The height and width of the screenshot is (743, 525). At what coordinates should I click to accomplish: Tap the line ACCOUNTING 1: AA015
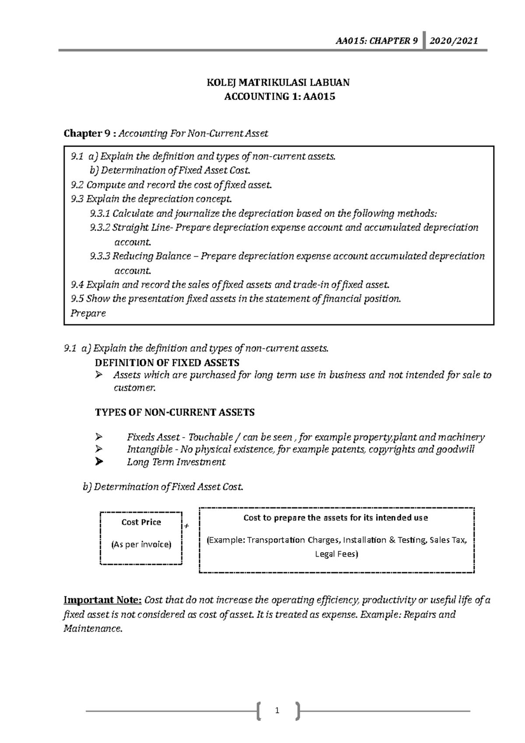pos(280,97)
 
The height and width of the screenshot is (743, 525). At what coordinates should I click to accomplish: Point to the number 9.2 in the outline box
pos(77,185)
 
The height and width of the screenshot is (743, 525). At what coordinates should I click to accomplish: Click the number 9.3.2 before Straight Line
pos(100,228)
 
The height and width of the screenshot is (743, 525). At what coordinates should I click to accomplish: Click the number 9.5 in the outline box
pos(77,299)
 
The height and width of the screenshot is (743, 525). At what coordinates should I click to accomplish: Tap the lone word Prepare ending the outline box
pos(88,313)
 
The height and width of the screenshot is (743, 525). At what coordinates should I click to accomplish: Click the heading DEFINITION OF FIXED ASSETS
pos(167,363)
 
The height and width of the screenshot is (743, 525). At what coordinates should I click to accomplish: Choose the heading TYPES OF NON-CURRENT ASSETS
pos(175,412)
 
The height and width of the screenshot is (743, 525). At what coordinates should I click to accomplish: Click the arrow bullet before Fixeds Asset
pos(98,437)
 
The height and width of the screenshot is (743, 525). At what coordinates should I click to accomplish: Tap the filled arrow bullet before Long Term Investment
pos(99,462)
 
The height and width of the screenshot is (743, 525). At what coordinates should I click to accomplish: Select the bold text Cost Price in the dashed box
pos(141,522)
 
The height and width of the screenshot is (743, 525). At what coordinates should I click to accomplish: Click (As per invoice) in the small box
pos(141,544)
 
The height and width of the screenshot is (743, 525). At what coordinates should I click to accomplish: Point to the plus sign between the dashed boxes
pos(186,526)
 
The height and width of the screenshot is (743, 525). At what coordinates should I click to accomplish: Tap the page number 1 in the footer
pos(277,711)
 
